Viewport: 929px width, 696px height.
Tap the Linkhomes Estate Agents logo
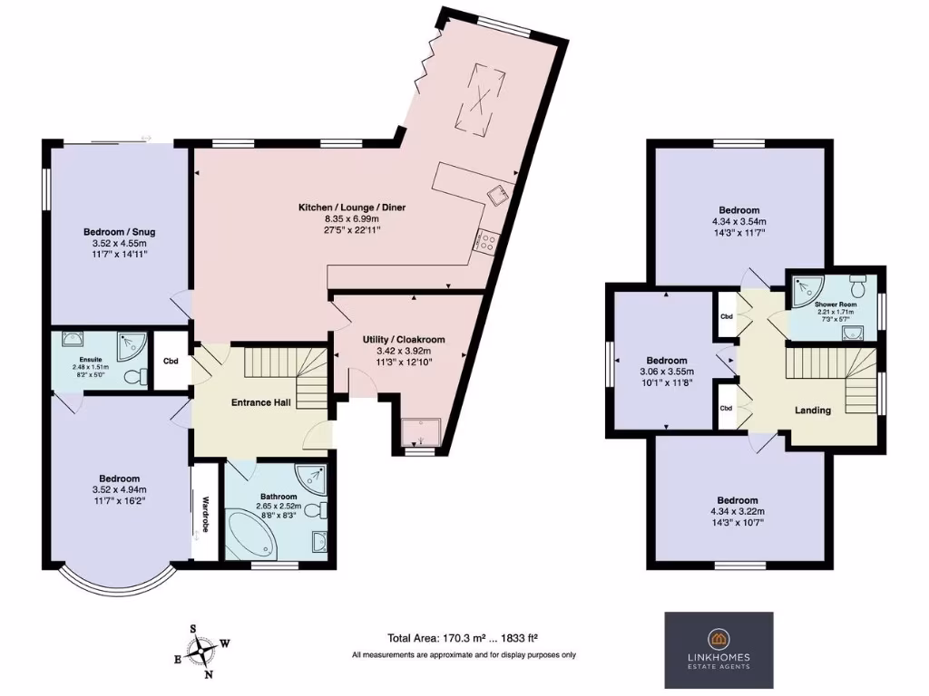719,649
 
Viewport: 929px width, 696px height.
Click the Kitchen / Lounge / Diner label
352,208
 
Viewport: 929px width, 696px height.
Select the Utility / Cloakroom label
403,339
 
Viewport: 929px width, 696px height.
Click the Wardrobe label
206,513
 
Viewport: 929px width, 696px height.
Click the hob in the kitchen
486,242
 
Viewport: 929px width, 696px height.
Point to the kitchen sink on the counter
497,193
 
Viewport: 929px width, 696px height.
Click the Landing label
812,411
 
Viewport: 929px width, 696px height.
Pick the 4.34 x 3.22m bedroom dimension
737,512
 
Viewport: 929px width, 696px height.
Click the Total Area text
464,637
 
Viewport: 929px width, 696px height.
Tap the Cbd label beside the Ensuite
171,362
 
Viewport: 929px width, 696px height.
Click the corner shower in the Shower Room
803,287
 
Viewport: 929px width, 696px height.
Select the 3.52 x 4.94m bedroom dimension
119,490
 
